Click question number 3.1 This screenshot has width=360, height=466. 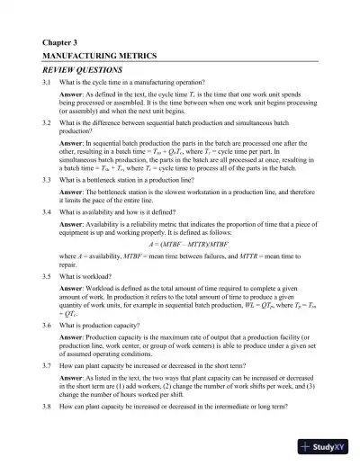[47, 83]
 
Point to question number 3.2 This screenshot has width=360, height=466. [47, 121]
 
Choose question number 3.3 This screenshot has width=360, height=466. [47, 180]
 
